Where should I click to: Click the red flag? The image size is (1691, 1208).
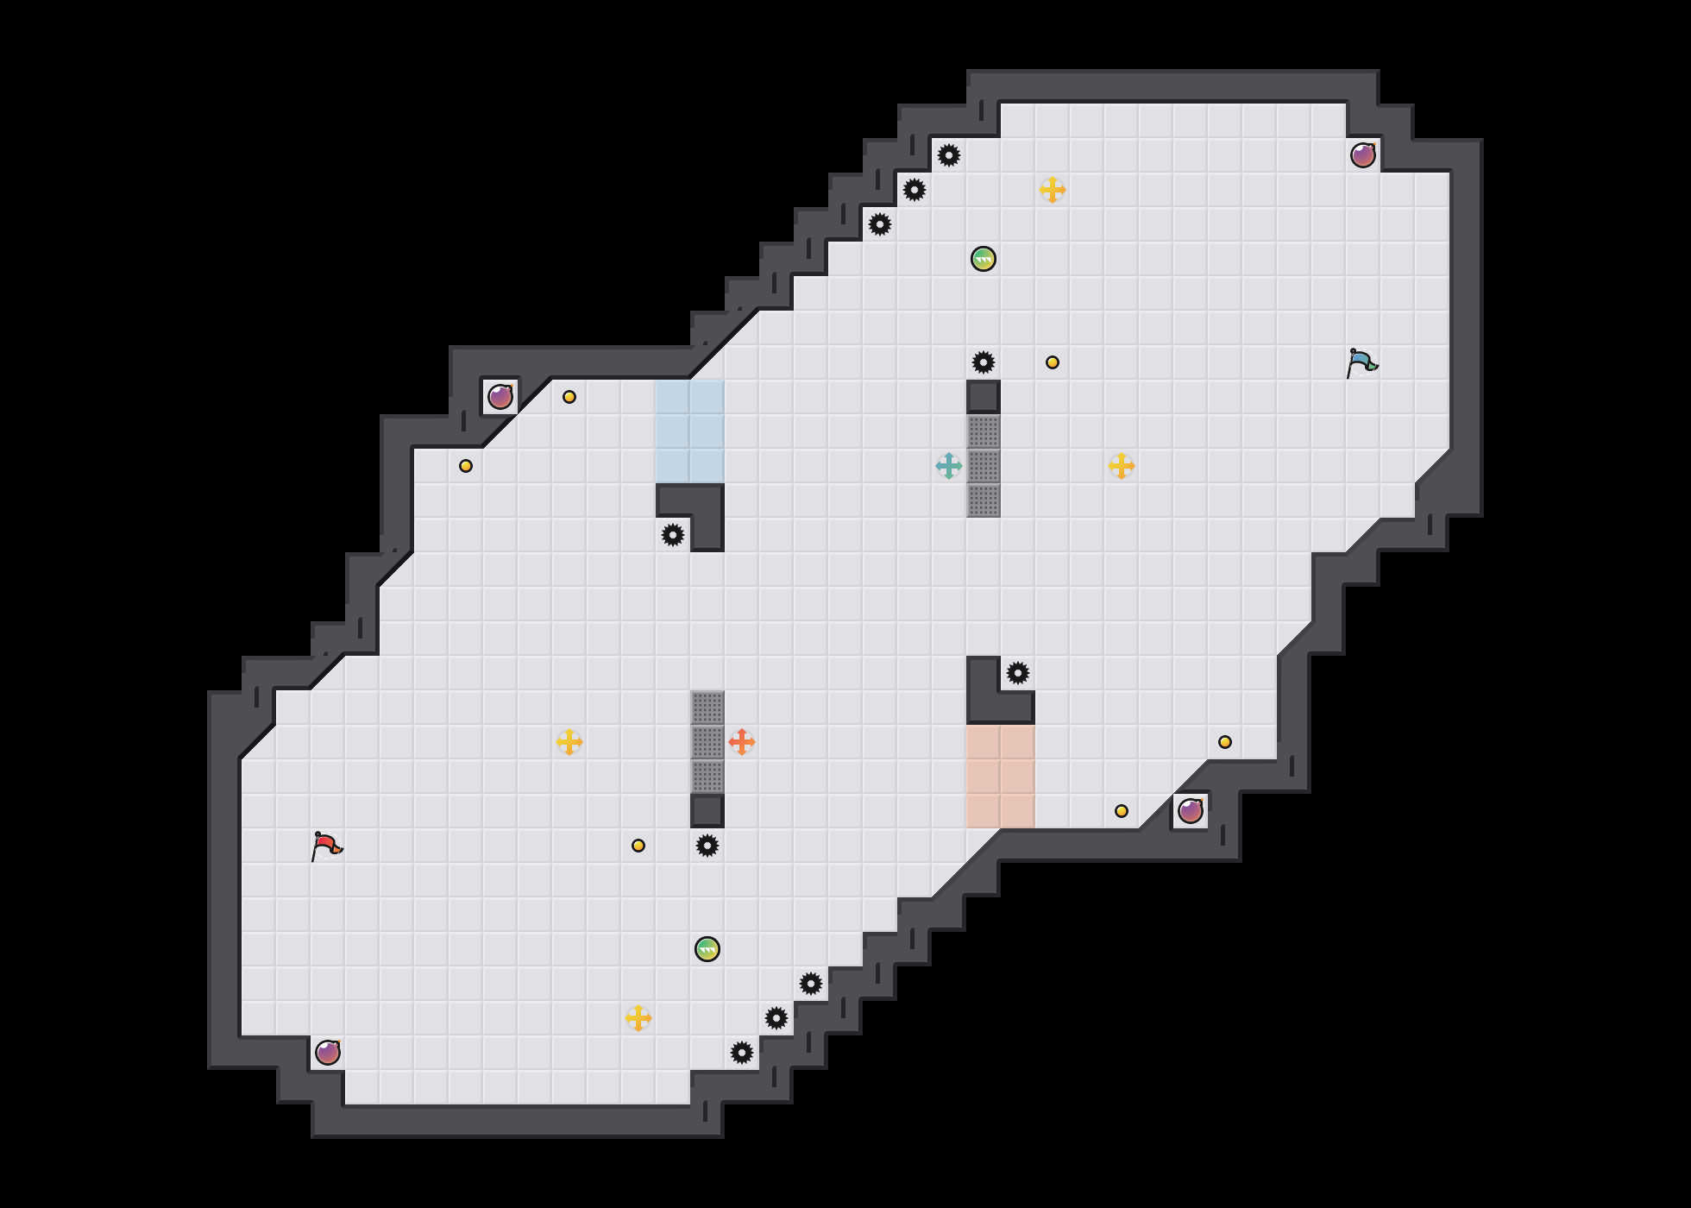[326, 846]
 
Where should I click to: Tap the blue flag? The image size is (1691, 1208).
[1361, 362]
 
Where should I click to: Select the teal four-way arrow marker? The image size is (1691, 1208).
[949, 466]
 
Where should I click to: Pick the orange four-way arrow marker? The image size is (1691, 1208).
[742, 742]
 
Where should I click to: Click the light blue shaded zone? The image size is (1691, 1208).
[690, 431]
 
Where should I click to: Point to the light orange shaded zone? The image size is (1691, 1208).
[1001, 777]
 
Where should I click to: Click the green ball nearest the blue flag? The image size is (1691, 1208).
[984, 259]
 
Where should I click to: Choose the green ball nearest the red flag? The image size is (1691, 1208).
[707, 949]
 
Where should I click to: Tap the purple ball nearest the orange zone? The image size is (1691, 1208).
[1191, 811]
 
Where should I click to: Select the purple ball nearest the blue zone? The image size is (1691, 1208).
[500, 397]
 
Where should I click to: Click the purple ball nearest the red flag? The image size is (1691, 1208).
[328, 1053]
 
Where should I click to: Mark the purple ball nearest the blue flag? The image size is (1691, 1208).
[1363, 155]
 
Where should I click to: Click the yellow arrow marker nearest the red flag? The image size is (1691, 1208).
[569, 742]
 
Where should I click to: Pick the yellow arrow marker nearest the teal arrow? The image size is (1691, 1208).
[1122, 466]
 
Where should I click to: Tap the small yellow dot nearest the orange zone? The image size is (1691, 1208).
[1122, 811]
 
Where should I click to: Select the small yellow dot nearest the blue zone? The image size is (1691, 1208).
[569, 397]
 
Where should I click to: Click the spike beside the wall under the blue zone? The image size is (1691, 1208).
[673, 535]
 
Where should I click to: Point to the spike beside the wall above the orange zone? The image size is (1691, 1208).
[1018, 673]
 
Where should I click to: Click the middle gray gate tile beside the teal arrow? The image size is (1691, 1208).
[984, 466]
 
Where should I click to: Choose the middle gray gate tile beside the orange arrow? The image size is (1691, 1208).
[707, 742]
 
